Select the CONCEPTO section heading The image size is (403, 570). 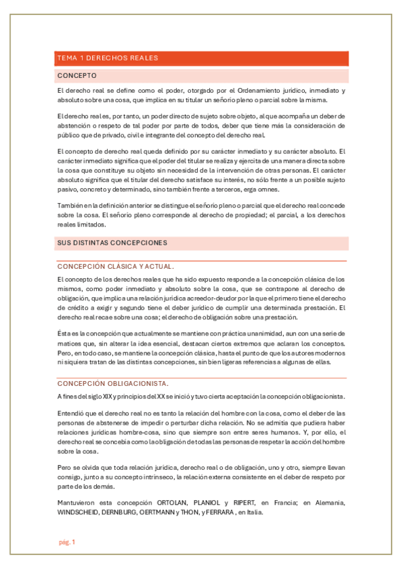pos(77,75)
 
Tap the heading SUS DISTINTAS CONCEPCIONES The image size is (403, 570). pos(112,242)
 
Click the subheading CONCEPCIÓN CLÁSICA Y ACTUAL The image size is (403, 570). pos(116,266)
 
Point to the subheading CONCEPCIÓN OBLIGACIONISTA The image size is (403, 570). pos(112,383)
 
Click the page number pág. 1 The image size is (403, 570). pos(66,542)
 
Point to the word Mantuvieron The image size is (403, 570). pos(77,503)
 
